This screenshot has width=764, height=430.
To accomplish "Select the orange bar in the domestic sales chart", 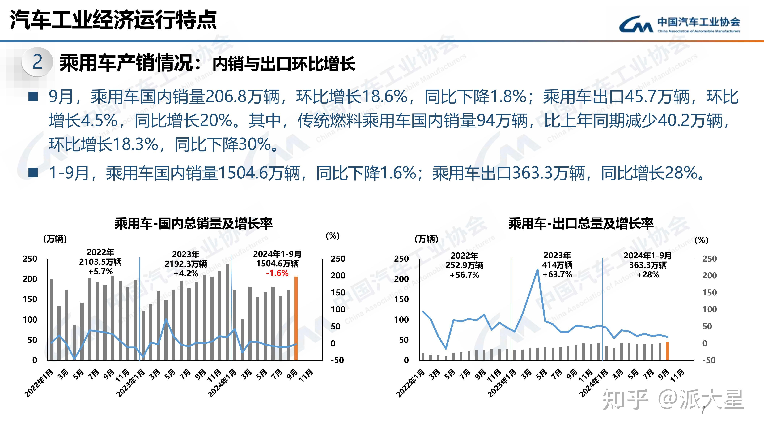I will [x=296, y=318].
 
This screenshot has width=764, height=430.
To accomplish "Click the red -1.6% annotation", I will [x=277, y=273].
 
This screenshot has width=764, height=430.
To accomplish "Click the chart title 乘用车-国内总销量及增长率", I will [x=193, y=223].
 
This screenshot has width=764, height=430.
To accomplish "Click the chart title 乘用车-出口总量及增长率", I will [x=581, y=223].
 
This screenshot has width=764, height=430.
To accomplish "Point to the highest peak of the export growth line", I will [x=537, y=270].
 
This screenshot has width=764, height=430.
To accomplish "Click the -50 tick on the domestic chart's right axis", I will [x=337, y=360].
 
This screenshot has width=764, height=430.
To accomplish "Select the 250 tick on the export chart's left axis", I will [x=401, y=259].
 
